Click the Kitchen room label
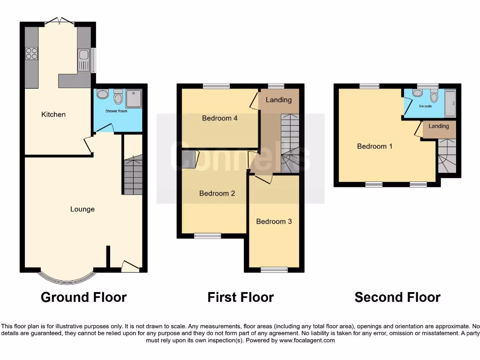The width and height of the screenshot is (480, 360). point(53,114)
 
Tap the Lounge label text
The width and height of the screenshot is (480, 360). point(82,209)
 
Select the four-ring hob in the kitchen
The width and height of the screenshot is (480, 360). point(32,54)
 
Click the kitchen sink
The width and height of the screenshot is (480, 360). point(83,60)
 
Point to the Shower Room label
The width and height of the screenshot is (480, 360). point(117,112)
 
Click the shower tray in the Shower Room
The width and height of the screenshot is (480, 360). point(133,98)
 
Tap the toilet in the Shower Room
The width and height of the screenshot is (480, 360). point(118,97)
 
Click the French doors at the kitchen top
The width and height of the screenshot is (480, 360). point(60,21)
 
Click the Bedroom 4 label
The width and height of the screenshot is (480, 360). point(219,118)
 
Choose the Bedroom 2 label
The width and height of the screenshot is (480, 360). point(217,193)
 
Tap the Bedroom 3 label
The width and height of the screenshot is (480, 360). point(274,221)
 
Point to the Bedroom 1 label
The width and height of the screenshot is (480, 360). point(375,146)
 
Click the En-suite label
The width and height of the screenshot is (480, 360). point(425,106)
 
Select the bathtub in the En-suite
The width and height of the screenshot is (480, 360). point(450,103)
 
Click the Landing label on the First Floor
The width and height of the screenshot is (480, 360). point(278,100)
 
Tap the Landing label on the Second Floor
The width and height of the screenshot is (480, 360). point(438,126)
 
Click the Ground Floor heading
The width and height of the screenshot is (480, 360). point(83,297)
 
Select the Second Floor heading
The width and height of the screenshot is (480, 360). point(397,297)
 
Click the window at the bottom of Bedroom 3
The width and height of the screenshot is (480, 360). point(274,269)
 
